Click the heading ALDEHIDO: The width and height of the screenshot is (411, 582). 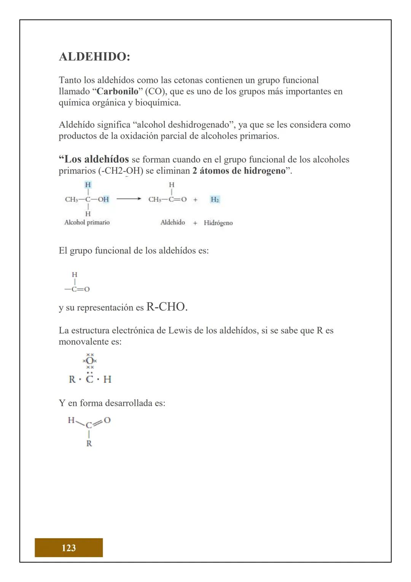[x=94, y=57]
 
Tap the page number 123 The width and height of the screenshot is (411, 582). [x=69, y=548]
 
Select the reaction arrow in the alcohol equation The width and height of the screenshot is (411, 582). [x=129, y=199]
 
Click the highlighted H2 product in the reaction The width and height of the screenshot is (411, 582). [x=215, y=199]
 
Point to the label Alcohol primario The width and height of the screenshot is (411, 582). [x=87, y=223]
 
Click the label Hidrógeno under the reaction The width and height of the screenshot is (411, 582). [x=218, y=223]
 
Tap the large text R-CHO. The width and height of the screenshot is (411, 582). [x=167, y=307]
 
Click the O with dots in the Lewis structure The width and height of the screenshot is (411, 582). [x=89, y=361]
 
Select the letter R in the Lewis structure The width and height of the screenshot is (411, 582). [x=72, y=379]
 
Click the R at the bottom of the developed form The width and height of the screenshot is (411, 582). [x=89, y=444]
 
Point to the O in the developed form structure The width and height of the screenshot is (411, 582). [x=107, y=420]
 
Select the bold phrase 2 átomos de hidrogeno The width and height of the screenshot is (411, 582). [x=239, y=171]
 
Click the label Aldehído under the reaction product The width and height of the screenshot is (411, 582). [x=173, y=223]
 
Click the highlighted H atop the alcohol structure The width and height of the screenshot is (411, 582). [x=88, y=184]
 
